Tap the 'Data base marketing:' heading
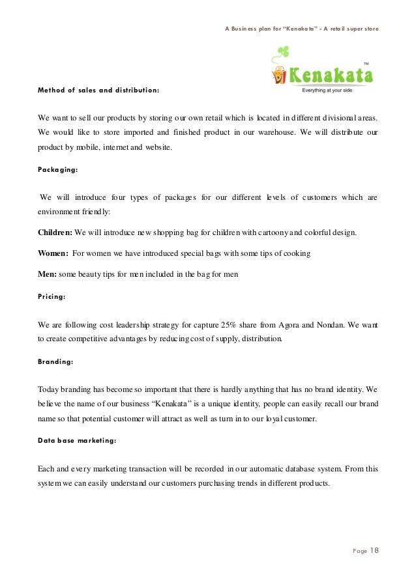click(77, 440)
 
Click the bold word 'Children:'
click(55, 232)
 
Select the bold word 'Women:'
click(53, 253)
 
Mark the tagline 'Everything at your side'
click(331, 90)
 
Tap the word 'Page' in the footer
click(359, 552)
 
